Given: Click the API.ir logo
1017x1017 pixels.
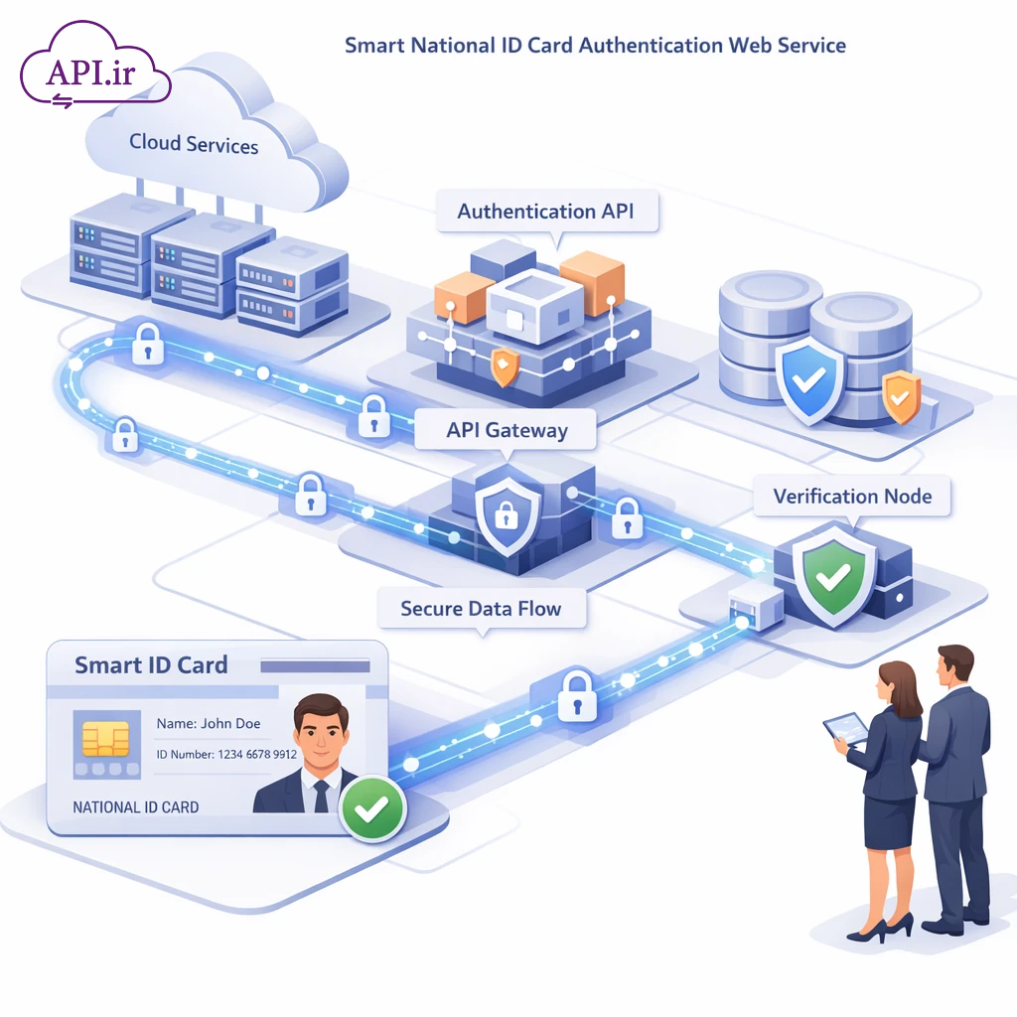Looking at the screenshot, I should pos(95,72).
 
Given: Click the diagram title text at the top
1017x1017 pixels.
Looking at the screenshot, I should pos(595,46).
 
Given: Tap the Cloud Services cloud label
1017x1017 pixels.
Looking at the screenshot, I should pos(194,143).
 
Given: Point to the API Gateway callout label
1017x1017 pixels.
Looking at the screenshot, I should pos(507,431).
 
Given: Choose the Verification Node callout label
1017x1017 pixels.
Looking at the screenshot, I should pos(852,497).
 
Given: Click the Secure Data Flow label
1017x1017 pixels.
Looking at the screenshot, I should pos(481,608).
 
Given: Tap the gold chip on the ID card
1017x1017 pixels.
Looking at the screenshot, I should pos(105,738).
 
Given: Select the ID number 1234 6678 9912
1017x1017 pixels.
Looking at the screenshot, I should pos(226,755).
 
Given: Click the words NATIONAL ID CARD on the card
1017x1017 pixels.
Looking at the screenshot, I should pos(136,807).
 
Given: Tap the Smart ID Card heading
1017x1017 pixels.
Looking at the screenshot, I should pos(151,665).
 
